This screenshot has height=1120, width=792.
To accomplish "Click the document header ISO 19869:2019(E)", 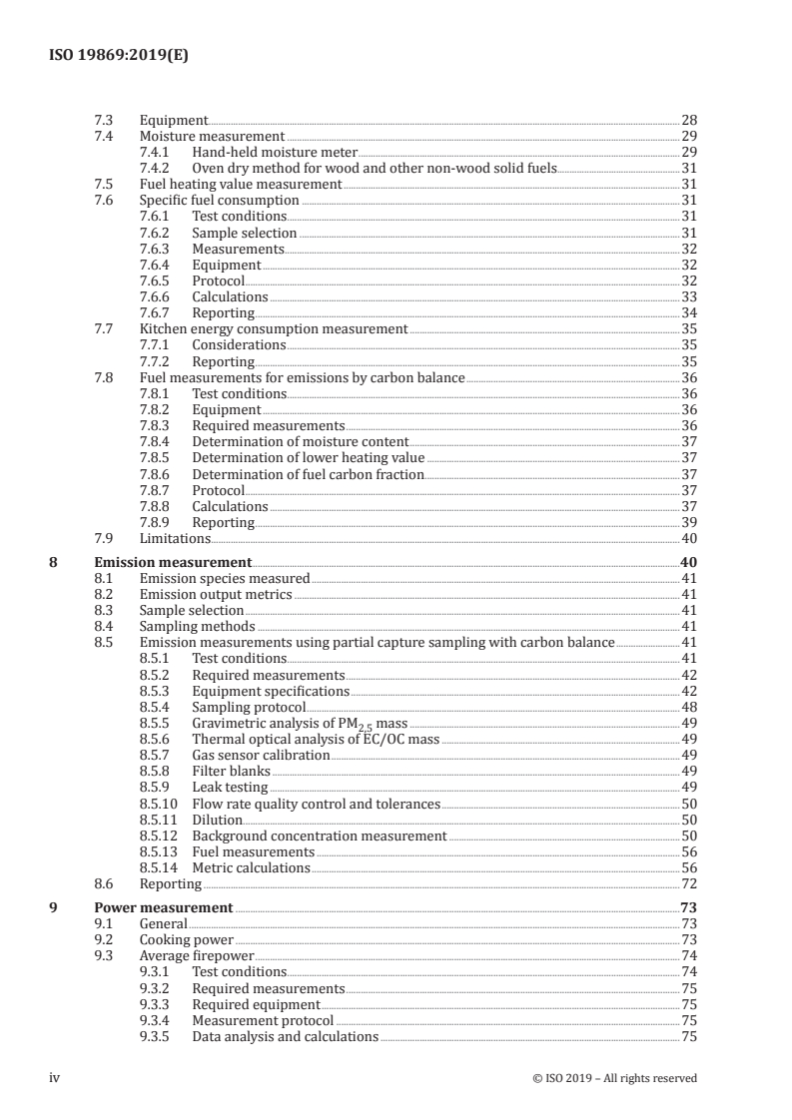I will [118, 57].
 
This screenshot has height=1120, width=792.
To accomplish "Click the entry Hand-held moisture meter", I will [274, 152].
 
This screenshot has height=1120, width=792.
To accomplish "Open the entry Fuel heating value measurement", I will [240, 184].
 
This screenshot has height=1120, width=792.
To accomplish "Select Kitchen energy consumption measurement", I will [273, 328].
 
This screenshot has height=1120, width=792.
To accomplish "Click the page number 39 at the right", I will [688, 522].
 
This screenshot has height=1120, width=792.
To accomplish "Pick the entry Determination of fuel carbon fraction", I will [308, 474].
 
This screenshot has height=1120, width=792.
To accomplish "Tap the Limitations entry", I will [175, 538].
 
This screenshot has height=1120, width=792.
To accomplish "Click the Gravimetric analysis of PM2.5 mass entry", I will [300, 723].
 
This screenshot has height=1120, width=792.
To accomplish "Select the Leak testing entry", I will [230, 787].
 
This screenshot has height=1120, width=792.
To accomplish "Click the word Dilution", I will [217, 820].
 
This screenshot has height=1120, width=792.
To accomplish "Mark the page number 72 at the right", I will [688, 883].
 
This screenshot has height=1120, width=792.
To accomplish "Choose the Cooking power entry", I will [186, 939].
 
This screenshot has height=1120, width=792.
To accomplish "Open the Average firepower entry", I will [197, 955].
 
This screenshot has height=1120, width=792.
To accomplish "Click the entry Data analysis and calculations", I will [285, 1036].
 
